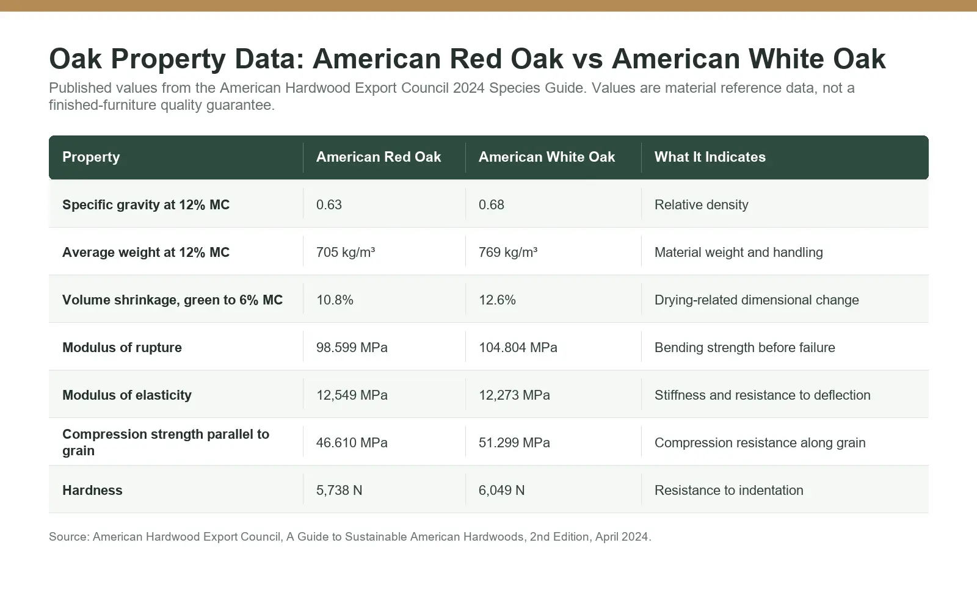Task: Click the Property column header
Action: pyautogui.click(x=91, y=157)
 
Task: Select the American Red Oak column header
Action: pyautogui.click(x=378, y=157)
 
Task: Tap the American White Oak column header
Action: pyautogui.click(x=547, y=157)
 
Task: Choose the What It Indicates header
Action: pyautogui.click(x=710, y=157)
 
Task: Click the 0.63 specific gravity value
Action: pyautogui.click(x=329, y=204)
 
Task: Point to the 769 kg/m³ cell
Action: pyautogui.click(x=507, y=252)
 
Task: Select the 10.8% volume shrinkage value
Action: pyautogui.click(x=335, y=300)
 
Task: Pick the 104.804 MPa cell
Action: pyautogui.click(x=518, y=347)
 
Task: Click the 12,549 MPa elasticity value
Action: pyautogui.click(x=352, y=395)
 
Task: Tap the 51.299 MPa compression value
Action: pyautogui.click(x=514, y=442)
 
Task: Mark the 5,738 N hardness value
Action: pyautogui.click(x=339, y=491)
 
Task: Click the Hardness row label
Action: pyautogui.click(x=92, y=491)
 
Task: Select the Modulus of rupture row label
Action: pyautogui.click(x=122, y=347)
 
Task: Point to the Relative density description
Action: pyautogui.click(x=701, y=204)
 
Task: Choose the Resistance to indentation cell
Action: pyautogui.click(x=728, y=491)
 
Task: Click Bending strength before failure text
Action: pyautogui.click(x=744, y=347)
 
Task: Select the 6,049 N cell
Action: pyautogui.click(x=501, y=491)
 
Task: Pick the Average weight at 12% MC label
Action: pyautogui.click(x=146, y=253)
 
